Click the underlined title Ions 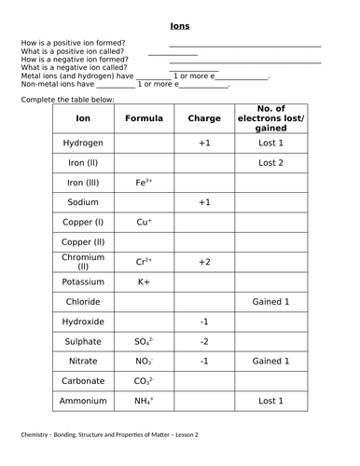tap(180, 26)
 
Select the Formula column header tap(144, 119)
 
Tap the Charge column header tap(204, 119)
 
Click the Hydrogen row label tap(83, 144)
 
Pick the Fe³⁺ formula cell tap(144, 183)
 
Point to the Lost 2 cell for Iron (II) tap(270, 163)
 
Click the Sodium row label tap(83, 202)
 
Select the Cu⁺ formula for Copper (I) tap(144, 223)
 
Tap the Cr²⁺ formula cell tap(144, 262)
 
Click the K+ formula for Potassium tap(144, 281)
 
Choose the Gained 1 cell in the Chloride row tap(270, 302)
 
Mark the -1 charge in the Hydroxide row tap(204, 322)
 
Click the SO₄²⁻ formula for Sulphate tap(144, 341)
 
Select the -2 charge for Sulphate tap(204, 341)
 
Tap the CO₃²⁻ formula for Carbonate tap(144, 381)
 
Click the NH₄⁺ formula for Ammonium tap(144, 401)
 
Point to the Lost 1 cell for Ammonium tap(270, 401)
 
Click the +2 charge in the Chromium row tap(204, 262)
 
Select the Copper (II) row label tap(83, 242)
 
